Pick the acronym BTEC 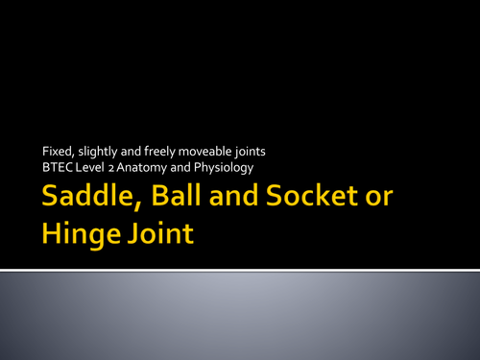point(57,169)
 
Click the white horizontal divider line point(240,270)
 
